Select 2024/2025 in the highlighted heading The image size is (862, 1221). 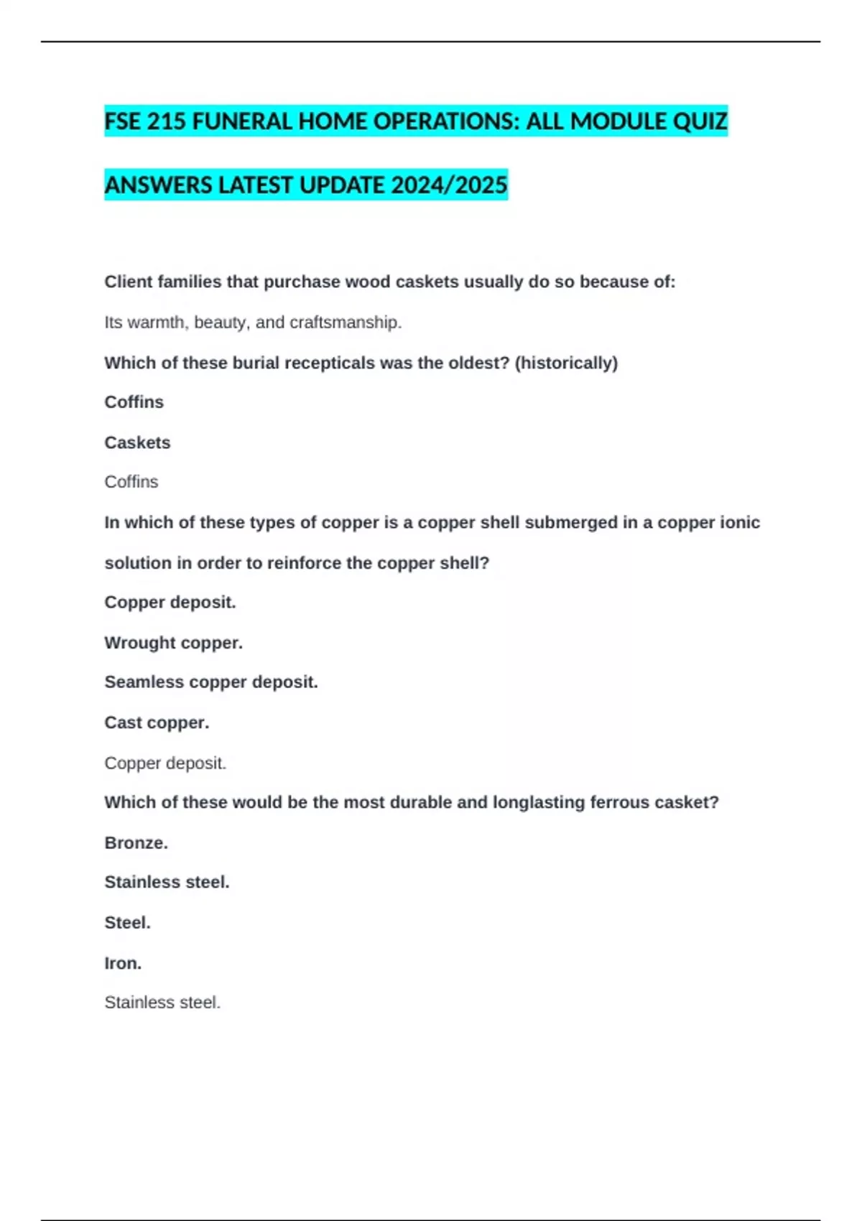450,185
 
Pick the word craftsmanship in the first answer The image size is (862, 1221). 346,322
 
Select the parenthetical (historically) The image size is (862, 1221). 566,363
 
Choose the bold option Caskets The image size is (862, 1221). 137,442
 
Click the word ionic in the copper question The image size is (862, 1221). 741,522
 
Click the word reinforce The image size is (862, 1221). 304,563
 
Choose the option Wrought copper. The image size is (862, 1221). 173,643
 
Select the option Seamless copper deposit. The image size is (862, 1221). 210,682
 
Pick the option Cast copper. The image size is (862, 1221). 157,723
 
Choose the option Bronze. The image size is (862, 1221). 136,842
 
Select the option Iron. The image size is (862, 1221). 123,963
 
